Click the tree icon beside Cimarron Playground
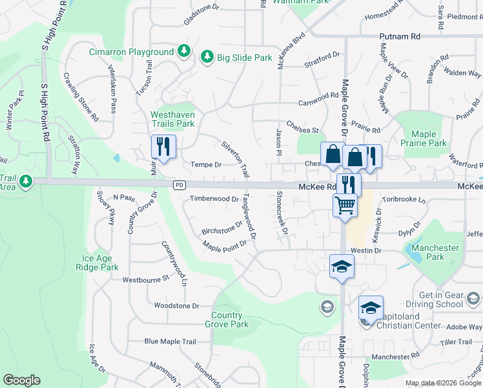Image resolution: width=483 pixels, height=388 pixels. coord(184,51)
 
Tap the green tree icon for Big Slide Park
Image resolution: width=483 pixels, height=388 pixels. coord(207,58)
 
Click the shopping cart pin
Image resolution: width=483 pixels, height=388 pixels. coord(345,206)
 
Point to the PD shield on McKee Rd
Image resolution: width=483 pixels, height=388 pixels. coord(179,186)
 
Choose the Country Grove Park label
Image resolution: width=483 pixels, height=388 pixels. coord(230,319)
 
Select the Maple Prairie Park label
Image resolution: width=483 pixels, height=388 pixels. coord(423,138)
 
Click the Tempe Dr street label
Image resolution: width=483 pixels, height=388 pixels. coord(205,165)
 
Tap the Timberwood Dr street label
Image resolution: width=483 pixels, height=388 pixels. coord(214,199)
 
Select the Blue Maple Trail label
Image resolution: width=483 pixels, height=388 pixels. coord(170,341)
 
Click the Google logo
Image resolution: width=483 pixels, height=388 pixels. coord(22,380)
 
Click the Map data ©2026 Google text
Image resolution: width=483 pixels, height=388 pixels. coord(442,383)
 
